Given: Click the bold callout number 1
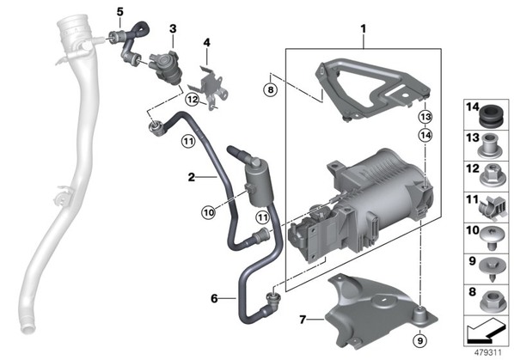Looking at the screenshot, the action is [363, 29].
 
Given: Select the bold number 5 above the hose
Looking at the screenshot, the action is [120, 12].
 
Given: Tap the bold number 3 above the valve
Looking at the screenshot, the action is [173, 29].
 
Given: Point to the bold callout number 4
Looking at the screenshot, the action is [206, 43].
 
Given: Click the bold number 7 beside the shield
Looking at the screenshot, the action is [303, 319].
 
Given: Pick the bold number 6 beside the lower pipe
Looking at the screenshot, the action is [214, 298].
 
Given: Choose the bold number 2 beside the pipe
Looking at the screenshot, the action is [192, 177].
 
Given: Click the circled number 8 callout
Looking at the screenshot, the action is [271, 89].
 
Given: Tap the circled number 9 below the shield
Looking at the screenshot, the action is [420, 341].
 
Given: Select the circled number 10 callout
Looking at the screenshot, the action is [209, 212].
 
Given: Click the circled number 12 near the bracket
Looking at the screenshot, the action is [193, 99].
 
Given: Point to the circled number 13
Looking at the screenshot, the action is [425, 117].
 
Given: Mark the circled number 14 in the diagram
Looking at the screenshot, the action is [425, 135].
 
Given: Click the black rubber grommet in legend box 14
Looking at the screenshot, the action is [490, 115].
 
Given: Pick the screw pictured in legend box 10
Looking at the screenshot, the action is [490, 238].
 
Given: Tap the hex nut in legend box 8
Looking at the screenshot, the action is [491, 301].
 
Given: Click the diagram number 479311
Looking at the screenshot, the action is [487, 353].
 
